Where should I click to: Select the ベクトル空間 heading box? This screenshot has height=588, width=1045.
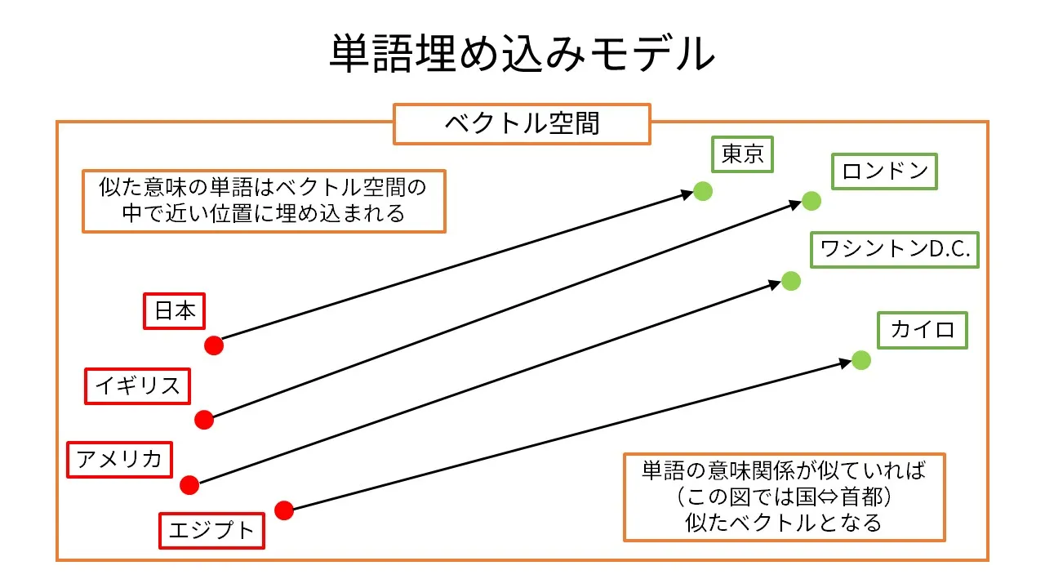(x=522, y=124)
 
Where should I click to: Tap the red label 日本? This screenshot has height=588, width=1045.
(x=175, y=311)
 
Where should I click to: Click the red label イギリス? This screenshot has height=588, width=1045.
(x=137, y=385)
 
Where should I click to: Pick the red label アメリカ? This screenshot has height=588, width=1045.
(x=119, y=458)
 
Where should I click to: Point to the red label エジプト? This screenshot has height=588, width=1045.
(x=211, y=531)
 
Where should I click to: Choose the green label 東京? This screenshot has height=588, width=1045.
(x=742, y=154)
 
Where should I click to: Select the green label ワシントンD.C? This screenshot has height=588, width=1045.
(x=895, y=250)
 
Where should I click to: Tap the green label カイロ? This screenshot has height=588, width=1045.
(x=923, y=330)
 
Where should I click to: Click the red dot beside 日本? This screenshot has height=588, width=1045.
(x=214, y=345)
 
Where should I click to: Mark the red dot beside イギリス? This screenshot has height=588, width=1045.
(x=204, y=420)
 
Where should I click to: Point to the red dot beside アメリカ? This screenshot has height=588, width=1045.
(x=189, y=485)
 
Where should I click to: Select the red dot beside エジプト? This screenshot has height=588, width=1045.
(x=283, y=510)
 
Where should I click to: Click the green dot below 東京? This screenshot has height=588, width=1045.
(x=703, y=192)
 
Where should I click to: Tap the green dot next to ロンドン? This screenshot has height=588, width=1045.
(x=811, y=201)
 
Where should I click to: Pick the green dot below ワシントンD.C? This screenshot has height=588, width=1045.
(x=790, y=281)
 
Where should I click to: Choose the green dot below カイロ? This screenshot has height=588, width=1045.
(x=860, y=360)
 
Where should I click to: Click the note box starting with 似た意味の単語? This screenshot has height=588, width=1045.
(x=264, y=201)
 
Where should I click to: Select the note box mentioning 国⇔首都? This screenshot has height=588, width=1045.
(x=784, y=497)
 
